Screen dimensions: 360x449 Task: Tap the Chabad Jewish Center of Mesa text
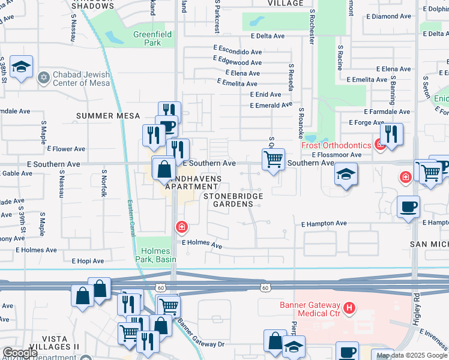pyautogui.click(x=82, y=79)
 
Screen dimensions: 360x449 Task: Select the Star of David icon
pyautogui.click(x=43, y=77)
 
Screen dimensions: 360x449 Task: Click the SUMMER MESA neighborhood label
pyautogui.click(x=108, y=116)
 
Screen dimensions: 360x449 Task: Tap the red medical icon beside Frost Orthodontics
pyautogui.click(x=379, y=144)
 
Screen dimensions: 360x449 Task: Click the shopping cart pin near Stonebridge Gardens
pyautogui.click(x=273, y=160)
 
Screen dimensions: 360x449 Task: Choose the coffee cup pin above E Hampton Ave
pyautogui.click(x=408, y=207)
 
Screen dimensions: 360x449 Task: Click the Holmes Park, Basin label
pyautogui.click(x=155, y=254)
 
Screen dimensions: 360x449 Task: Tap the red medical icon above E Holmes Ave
pyautogui.click(x=181, y=227)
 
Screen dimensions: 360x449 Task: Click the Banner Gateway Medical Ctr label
pyautogui.click(x=310, y=308)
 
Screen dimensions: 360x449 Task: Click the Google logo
pyautogui.click(x=20, y=353)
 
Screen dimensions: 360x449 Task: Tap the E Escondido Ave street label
pyautogui.click(x=237, y=52)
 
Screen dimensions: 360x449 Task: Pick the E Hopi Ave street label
pyautogui.click(x=88, y=261)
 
